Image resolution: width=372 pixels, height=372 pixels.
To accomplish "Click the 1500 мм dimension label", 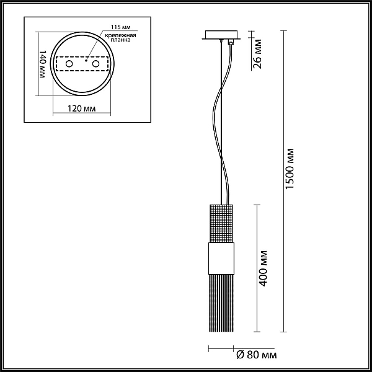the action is (290, 169).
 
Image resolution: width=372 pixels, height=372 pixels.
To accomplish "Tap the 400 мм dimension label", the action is (263, 268).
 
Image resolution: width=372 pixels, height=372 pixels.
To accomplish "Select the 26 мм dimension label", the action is (257, 54).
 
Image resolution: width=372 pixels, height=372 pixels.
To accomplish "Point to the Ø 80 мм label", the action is (257, 355).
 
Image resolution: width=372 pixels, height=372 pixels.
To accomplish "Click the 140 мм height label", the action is (42, 64).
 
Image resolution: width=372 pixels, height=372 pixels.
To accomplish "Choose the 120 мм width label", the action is (82, 108).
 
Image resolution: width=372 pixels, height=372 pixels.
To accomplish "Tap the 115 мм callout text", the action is (121, 27).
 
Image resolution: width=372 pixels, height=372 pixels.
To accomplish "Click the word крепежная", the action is (121, 35).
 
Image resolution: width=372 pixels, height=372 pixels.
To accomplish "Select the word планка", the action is (121, 40).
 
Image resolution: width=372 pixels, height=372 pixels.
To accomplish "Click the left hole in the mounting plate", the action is (69, 64).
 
